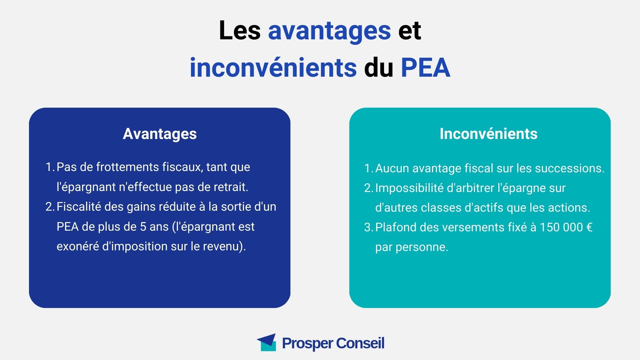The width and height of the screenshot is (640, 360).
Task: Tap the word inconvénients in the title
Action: pyautogui.click(x=273, y=67)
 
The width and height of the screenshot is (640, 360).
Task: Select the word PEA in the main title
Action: pyautogui.click(x=425, y=68)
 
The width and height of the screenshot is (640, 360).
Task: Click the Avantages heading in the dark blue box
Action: pyautogui.click(x=160, y=134)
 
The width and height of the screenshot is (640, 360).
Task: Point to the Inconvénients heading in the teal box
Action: pyautogui.click(x=488, y=134)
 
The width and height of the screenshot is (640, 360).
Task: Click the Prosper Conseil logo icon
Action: pyautogui.click(x=266, y=342)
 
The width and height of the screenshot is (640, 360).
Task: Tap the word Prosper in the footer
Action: pyautogui.click(x=307, y=343)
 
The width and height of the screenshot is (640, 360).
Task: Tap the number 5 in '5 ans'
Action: pyautogui.click(x=143, y=227)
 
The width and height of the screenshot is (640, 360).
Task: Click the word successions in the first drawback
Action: pyautogui.click(x=569, y=168)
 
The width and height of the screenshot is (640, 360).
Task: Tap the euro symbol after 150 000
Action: pyautogui.click(x=589, y=227)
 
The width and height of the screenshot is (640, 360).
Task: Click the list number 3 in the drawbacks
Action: pyautogui.click(x=368, y=227)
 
